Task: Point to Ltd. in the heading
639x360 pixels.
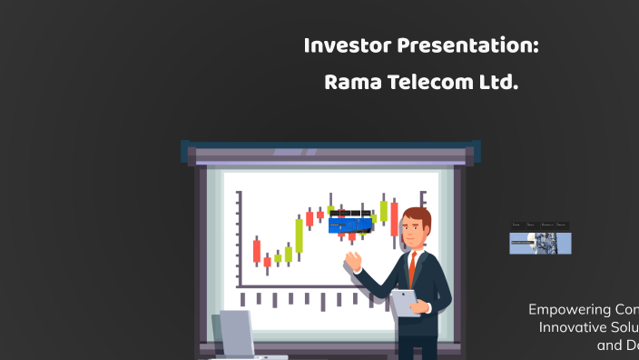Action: point(498,84)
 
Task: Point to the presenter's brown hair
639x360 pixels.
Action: point(417,217)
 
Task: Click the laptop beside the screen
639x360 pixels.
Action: point(237,335)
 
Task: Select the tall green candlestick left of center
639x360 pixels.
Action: point(299,235)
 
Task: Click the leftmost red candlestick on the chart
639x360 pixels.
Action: point(257,250)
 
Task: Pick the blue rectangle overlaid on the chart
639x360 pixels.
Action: point(350,224)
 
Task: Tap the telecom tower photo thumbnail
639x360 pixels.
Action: point(540,243)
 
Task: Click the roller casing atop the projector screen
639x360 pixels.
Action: point(330,151)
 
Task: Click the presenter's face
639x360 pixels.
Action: point(414,233)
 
